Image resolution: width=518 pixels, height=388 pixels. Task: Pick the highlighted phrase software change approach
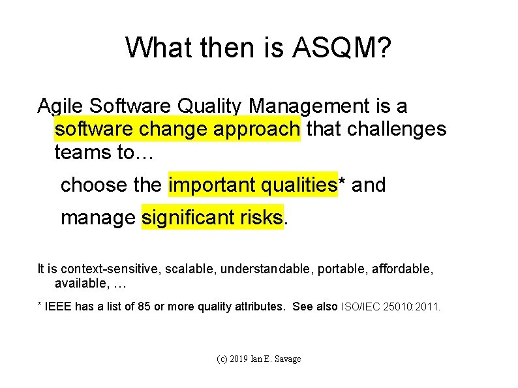tap(177, 129)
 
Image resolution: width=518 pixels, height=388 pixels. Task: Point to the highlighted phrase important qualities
tap(252, 185)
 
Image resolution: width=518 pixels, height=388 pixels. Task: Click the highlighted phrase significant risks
tap(213, 217)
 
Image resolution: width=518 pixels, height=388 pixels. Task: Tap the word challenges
tap(397, 129)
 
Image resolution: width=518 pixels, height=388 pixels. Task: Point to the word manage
tap(98, 217)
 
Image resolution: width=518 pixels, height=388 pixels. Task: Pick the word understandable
tap(267, 269)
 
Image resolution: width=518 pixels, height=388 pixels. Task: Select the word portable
tap(343, 269)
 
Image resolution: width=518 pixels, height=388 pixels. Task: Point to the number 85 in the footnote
tap(145, 306)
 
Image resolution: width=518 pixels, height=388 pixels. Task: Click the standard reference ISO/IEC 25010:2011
tap(391, 306)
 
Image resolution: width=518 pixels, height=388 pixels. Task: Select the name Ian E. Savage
tap(279, 359)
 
